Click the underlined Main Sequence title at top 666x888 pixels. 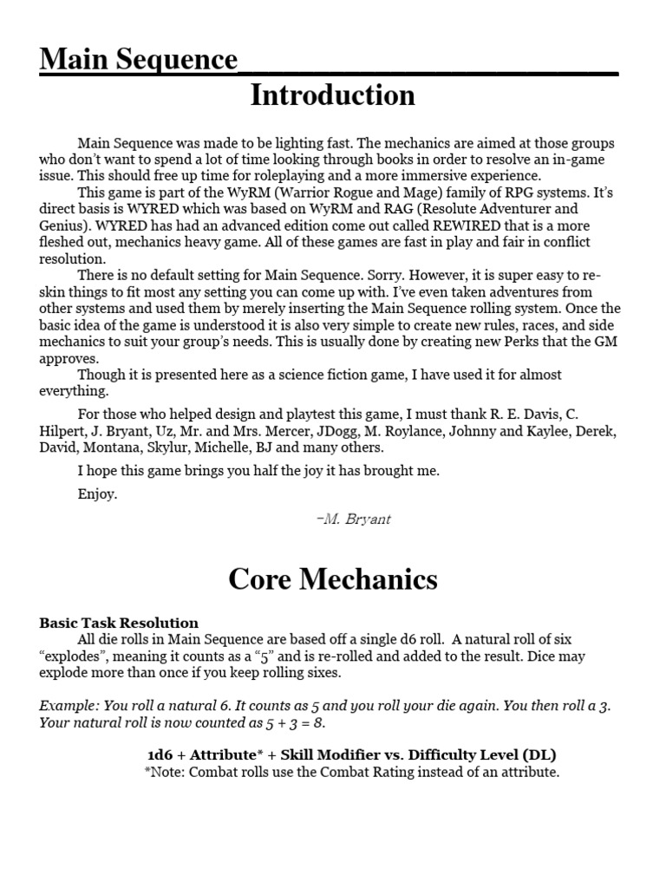click(x=139, y=61)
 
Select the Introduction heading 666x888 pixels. click(x=332, y=95)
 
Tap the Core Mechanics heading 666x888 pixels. click(x=333, y=578)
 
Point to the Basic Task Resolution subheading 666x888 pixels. click(x=119, y=623)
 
